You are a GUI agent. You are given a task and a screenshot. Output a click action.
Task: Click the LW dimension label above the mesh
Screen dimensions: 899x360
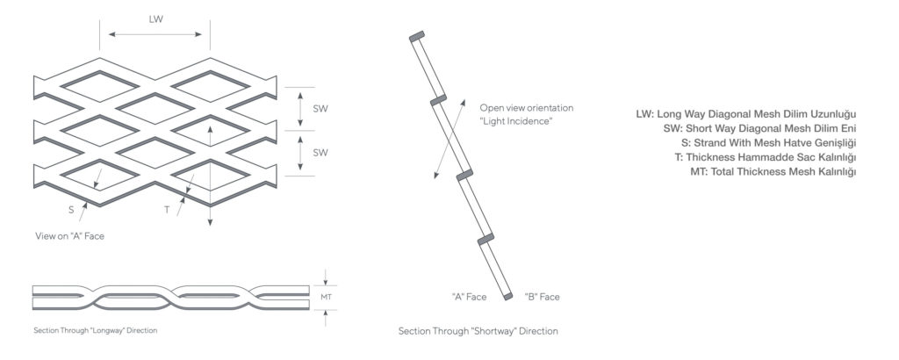(156, 19)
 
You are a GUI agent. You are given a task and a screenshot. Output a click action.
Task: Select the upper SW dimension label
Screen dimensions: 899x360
(320, 108)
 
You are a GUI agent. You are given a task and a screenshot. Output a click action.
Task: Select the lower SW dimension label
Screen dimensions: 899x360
(320, 153)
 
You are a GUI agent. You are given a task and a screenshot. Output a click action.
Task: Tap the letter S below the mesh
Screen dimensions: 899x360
(71, 210)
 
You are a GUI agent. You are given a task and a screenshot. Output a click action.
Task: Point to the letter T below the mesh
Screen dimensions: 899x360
(167, 210)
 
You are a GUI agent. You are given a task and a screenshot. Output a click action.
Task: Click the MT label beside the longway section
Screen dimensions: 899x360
(327, 297)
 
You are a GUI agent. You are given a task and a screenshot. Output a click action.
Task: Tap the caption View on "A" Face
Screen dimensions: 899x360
(70, 235)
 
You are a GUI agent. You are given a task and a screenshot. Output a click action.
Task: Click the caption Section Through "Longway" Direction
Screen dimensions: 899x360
(95, 330)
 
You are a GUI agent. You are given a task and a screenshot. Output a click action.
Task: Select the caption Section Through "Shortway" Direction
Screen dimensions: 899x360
(478, 331)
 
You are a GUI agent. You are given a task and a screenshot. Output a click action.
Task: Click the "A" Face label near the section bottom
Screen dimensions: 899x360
(469, 297)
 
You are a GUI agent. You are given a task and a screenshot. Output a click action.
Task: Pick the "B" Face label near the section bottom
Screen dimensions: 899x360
(542, 297)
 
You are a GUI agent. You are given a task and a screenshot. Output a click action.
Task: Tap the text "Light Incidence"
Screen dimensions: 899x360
(516, 121)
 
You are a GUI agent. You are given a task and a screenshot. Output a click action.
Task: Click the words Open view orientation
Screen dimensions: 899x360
(527, 108)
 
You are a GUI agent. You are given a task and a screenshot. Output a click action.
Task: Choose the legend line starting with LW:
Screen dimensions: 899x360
(746, 114)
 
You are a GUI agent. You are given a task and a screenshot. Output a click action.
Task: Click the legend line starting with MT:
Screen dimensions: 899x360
(773, 171)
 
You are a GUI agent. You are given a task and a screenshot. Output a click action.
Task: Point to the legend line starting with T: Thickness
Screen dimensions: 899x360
(766, 157)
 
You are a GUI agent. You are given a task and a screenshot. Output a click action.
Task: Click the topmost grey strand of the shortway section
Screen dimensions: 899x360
(417, 36)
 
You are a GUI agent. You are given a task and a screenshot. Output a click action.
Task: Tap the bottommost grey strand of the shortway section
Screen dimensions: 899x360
(508, 297)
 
